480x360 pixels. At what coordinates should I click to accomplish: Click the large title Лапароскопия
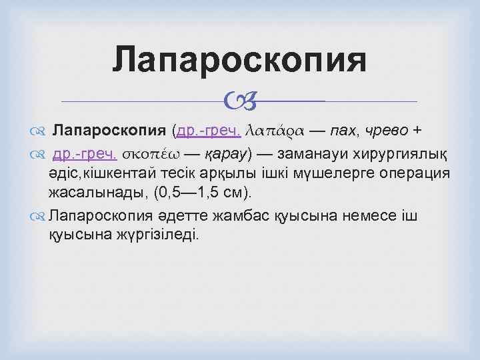239,60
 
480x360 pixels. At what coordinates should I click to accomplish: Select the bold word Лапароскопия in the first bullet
109,129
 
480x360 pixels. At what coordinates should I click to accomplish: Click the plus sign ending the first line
435,129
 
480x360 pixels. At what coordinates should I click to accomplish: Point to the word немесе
359,216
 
